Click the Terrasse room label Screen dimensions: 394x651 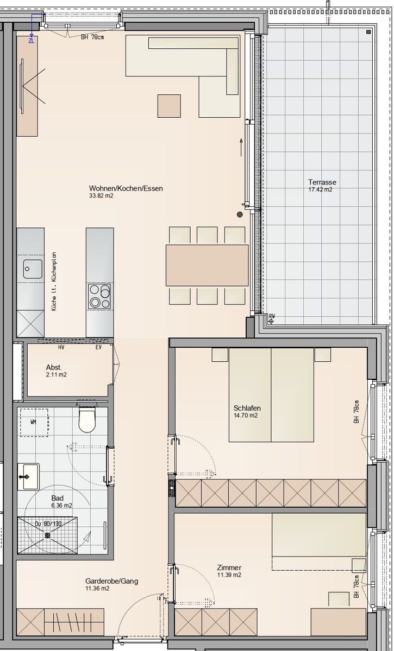(x=322, y=182)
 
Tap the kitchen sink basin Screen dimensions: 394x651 (x=33, y=269)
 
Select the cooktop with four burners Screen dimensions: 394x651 (x=99, y=296)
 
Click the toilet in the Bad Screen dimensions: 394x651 (x=87, y=419)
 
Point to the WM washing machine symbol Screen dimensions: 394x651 (x=34, y=422)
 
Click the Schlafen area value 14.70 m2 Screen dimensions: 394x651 (x=246, y=416)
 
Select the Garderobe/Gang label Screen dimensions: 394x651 (x=111, y=581)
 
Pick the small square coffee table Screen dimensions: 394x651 (x=169, y=106)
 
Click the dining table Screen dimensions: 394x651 (x=207, y=265)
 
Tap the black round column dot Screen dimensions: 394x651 (x=239, y=214)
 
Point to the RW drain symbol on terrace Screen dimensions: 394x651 (x=271, y=319)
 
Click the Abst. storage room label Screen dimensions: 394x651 (x=54, y=367)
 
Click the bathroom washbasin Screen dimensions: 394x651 (x=28, y=477)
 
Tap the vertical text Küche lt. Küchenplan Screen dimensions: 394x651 (x=54, y=282)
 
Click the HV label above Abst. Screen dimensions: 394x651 (x=61, y=347)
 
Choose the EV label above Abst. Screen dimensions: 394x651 (x=98, y=347)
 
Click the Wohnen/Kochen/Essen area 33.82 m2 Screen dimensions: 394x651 (x=101, y=196)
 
